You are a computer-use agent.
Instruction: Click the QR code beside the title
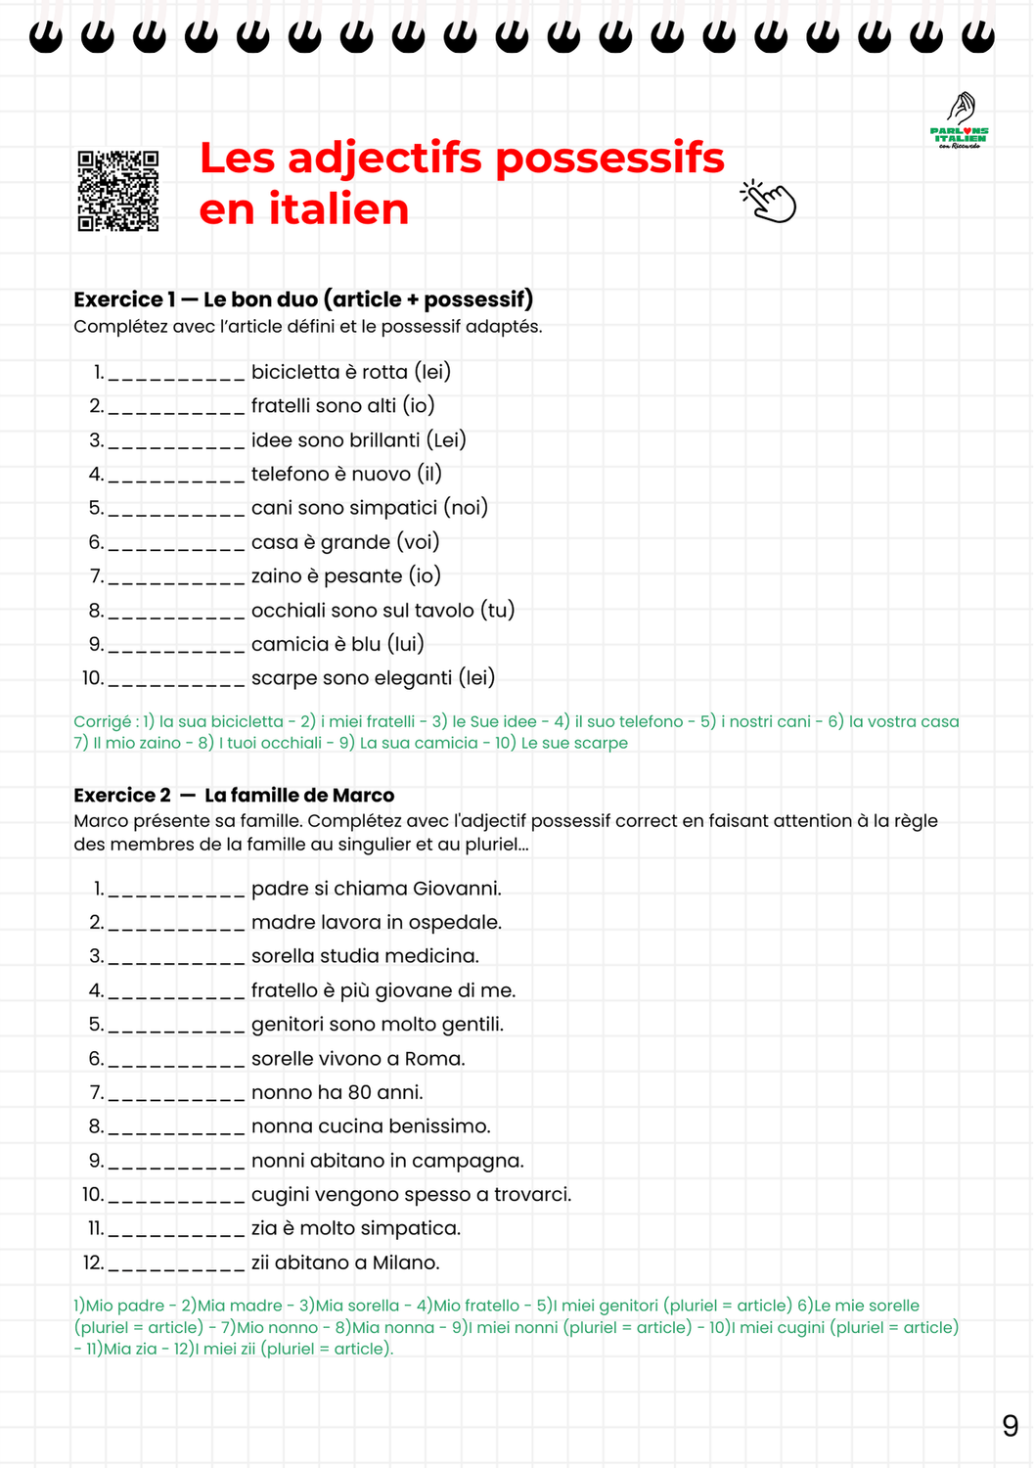(118, 191)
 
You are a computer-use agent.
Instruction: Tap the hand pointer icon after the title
(769, 202)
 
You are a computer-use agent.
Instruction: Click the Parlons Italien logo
(960, 121)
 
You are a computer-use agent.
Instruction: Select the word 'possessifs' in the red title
(609, 159)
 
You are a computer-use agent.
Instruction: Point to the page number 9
(1010, 1426)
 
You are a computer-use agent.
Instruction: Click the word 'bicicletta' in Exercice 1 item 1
(294, 372)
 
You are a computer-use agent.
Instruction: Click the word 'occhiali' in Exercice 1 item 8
(288, 611)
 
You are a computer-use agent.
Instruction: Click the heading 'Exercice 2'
(122, 796)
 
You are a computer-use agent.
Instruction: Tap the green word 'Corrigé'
(102, 722)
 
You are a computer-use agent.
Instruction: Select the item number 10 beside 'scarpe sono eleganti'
(92, 678)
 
